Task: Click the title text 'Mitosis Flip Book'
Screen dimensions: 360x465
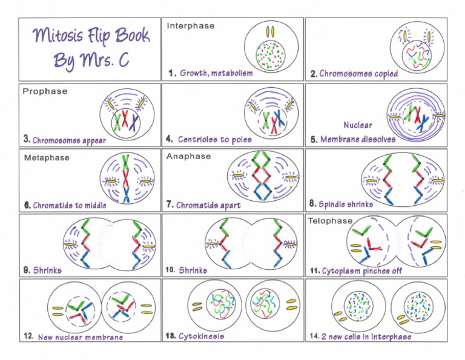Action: pyautogui.click(x=90, y=38)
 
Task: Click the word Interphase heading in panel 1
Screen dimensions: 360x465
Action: pyautogui.click(x=190, y=26)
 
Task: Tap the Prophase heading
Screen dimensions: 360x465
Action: pyautogui.click(x=45, y=91)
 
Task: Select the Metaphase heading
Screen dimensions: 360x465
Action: pyautogui.click(x=47, y=158)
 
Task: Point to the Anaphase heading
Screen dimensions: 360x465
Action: pyautogui.click(x=188, y=156)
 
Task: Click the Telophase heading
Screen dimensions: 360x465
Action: pyautogui.click(x=329, y=221)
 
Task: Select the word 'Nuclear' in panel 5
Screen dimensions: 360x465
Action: pyautogui.click(x=358, y=125)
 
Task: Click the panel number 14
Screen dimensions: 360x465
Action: pyautogui.click(x=314, y=336)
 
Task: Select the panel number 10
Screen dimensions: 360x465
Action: pyautogui.click(x=170, y=270)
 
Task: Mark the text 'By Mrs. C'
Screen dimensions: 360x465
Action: pyautogui.click(x=91, y=60)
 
